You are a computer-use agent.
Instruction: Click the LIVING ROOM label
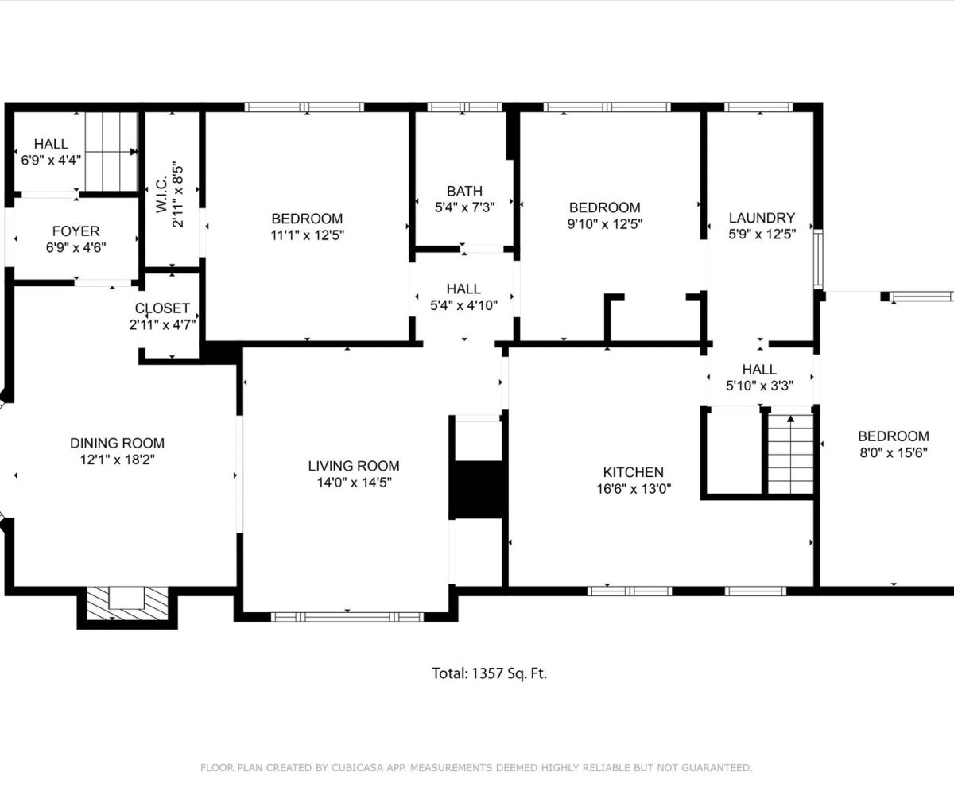tap(354, 466)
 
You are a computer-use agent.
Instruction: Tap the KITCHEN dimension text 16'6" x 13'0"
tap(634, 489)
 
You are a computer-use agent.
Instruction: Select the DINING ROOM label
tap(117, 443)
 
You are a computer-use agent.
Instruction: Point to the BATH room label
tap(464, 191)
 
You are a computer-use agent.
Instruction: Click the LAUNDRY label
tap(762, 218)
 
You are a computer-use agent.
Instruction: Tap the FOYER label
tap(76, 231)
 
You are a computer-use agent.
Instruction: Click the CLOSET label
tap(162, 308)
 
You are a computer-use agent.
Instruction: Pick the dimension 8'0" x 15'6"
tap(894, 453)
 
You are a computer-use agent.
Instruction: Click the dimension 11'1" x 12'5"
tap(307, 235)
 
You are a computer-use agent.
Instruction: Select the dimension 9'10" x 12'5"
tap(605, 224)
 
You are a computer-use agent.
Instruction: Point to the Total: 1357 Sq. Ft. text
tap(490, 673)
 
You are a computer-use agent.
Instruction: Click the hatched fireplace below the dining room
tap(127, 603)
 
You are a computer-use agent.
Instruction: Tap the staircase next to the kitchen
tap(790, 454)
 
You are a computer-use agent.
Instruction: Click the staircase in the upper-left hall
tap(111, 151)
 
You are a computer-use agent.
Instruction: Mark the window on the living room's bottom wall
tap(347, 617)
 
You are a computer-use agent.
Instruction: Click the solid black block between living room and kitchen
tap(479, 490)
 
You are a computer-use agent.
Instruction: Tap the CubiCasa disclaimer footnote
tap(476, 768)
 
